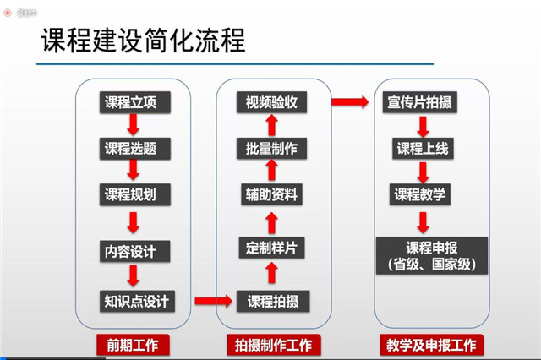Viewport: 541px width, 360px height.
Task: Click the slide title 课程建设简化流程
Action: [144, 42]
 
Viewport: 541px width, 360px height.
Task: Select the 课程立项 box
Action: [132, 103]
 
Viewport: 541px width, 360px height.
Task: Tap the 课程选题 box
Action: [132, 149]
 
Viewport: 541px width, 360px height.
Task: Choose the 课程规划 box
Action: [132, 194]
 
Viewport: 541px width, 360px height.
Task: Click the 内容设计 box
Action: [132, 251]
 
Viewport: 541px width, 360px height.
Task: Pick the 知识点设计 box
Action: [136, 300]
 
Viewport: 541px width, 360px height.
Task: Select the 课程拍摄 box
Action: [272, 300]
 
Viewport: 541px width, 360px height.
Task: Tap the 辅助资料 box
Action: [272, 194]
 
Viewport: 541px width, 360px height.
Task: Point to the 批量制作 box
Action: [272, 149]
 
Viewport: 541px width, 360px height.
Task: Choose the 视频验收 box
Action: [272, 103]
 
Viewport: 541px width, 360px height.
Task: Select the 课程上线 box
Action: [421, 149]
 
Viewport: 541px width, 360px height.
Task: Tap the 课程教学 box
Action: [421, 194]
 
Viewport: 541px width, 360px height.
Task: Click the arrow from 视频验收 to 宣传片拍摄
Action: [347, 103]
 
